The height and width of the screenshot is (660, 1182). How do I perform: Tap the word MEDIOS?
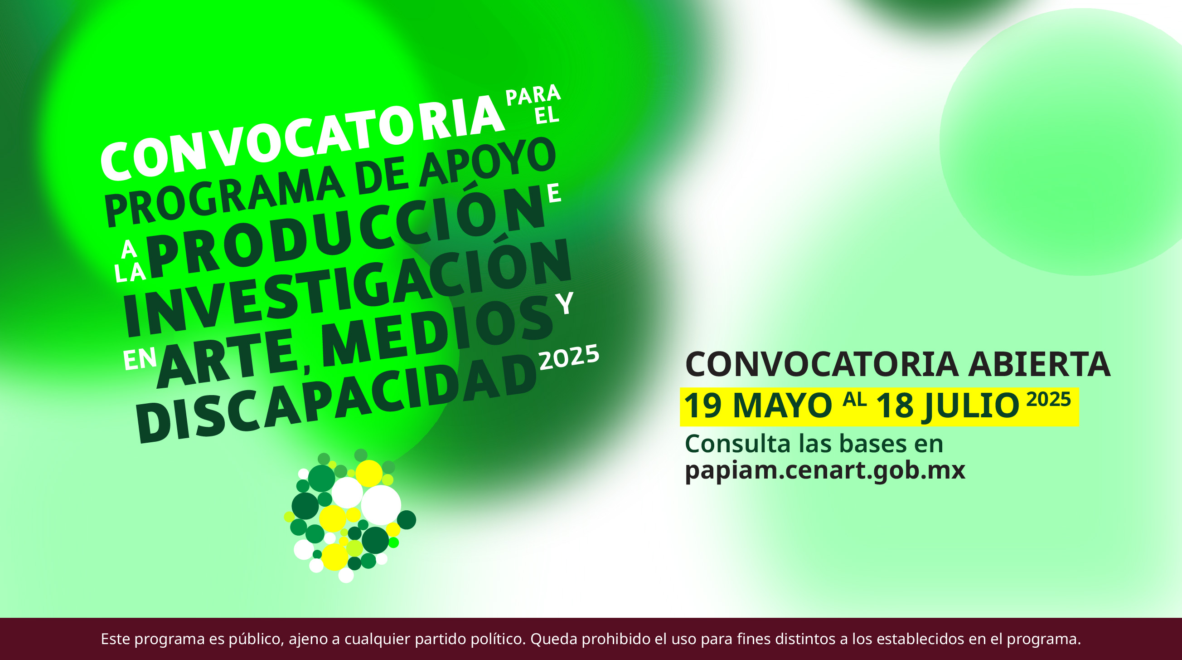438,332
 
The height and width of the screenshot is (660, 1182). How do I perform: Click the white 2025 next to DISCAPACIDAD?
569,357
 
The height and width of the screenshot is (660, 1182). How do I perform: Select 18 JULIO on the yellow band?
948,406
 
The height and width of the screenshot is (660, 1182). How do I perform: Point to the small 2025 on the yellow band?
1048,399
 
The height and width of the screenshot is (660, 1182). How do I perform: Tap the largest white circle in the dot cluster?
381,505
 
